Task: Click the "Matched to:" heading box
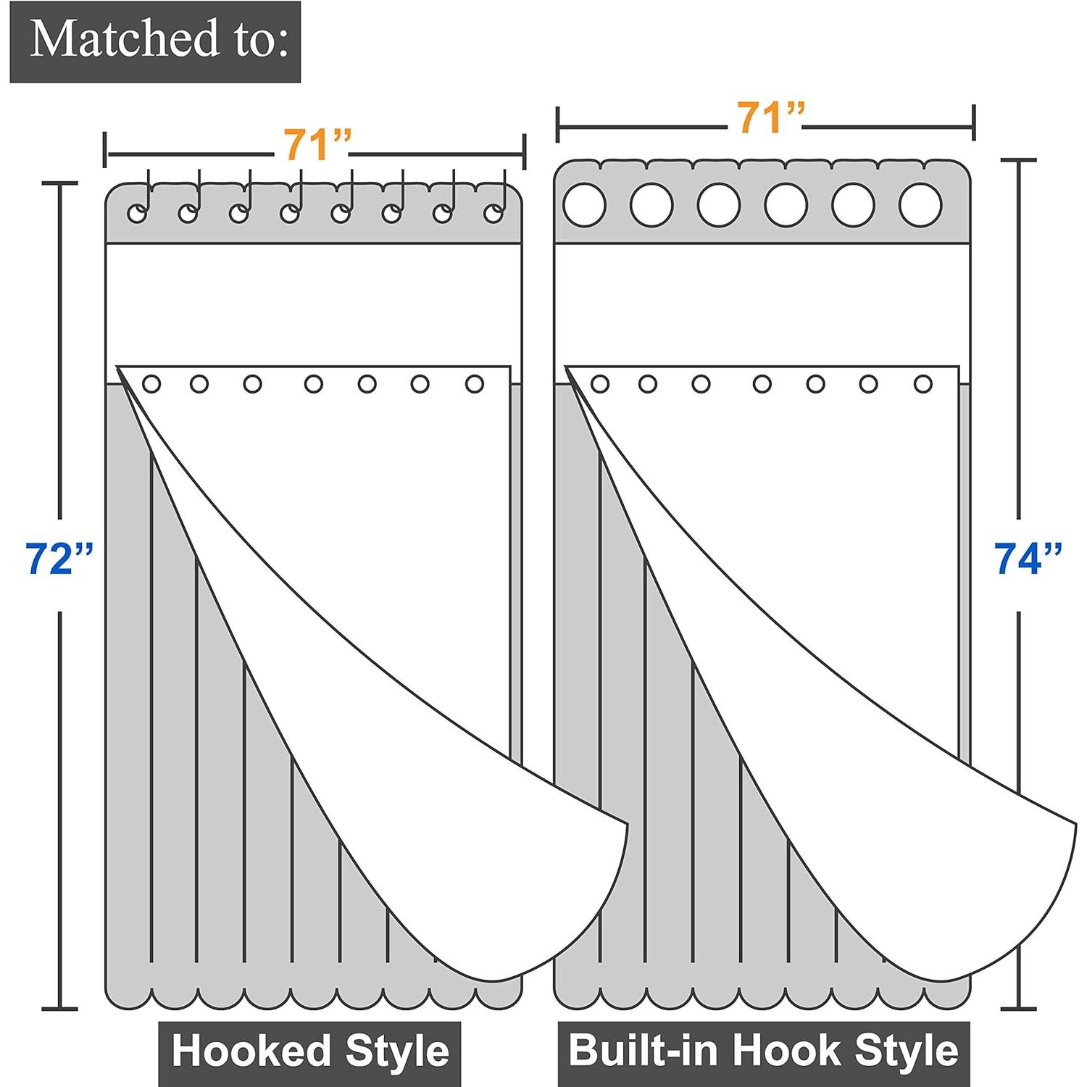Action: (155, 41)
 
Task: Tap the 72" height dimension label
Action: (59, 559)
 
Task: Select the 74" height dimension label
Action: (1028, 559)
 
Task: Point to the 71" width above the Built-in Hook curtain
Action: (770, 117)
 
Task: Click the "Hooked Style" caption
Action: (310, 1051)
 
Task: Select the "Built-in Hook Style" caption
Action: (763, 1051)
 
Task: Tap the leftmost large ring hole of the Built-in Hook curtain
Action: (584, 205)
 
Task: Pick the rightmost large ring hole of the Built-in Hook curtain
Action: (920, 205)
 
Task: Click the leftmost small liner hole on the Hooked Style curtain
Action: (151, 384)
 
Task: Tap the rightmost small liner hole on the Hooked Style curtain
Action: (475, 384)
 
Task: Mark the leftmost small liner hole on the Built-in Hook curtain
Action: (600, 384)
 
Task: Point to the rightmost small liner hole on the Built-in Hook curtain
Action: (923, 384)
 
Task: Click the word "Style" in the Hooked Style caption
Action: (397, 1051)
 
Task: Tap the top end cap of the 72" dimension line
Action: (59, 184)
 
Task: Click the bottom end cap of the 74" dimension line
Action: (1019, 1008)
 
